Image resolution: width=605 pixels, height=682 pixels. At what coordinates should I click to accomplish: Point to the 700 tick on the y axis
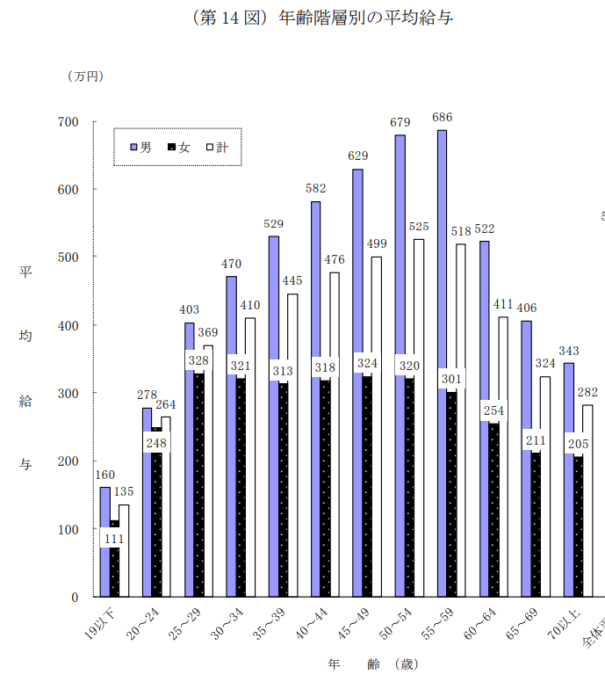coord(68,121)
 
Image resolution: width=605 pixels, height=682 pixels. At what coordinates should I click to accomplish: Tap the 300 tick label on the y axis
coord(68,393)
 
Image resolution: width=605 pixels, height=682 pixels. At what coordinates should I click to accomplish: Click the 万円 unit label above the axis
coord(85,76)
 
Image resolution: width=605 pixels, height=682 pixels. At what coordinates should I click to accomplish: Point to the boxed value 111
coord(115,538)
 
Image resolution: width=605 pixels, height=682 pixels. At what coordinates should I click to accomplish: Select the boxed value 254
coord(493,410)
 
